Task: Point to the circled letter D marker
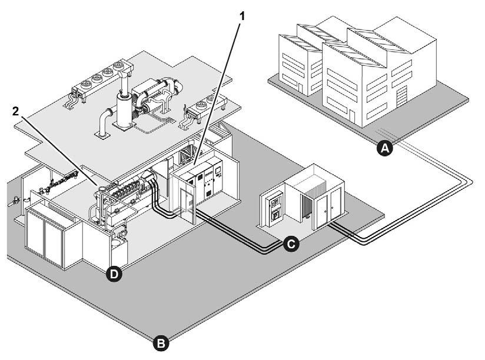[115, 274]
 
